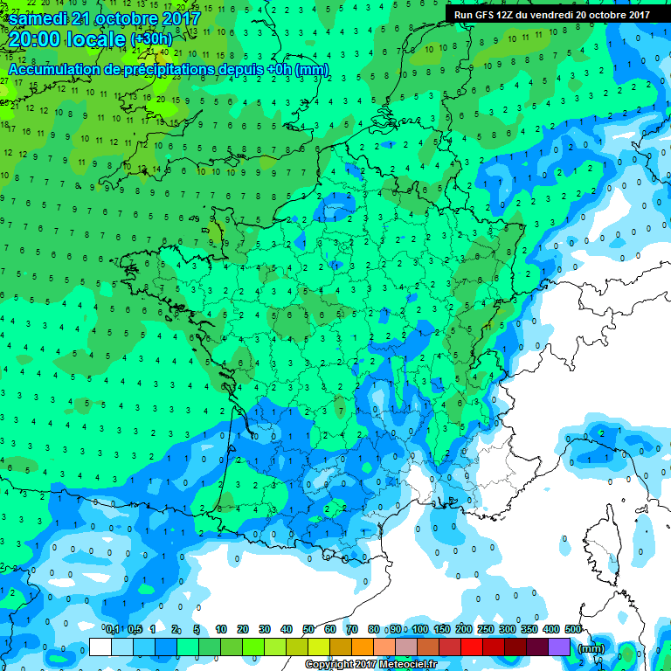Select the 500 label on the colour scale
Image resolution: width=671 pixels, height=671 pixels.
coord(572,630)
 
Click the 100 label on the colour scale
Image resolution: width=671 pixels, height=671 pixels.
coord(420,630)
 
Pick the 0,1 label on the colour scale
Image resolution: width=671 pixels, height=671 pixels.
coord(113,630)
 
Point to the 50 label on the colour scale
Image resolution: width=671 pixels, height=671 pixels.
coord(308,630)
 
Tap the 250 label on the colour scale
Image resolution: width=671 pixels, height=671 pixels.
coord(486,630)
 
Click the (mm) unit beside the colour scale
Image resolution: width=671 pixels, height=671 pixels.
coord(591,648)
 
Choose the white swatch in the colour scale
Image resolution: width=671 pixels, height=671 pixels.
coord(100,647)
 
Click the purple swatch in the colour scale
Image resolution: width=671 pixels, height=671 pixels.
coord(559,647)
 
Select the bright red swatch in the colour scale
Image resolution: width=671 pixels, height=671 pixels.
coord(472,647)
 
